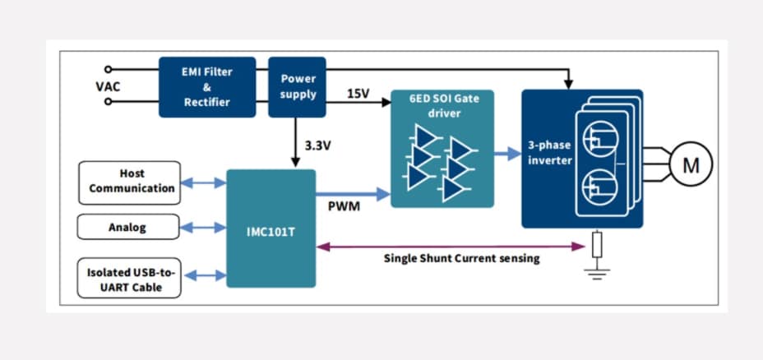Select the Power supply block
point(298,86)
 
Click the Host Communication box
point(129,182)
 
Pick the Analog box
point(129,228)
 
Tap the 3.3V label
point(319,146)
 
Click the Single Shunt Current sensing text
point(462,258)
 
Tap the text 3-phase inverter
point(549,153)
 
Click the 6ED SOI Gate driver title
point(442,105)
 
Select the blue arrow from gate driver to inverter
point(507,152)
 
